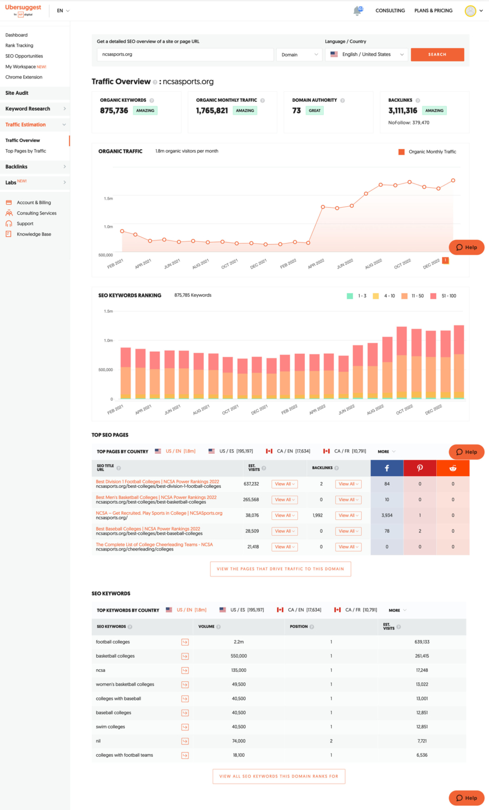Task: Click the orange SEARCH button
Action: pos(437,54)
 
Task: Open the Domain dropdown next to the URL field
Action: pos(299,54)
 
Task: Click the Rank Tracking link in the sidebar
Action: pos(19,45)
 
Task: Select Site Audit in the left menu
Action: pos(17,93)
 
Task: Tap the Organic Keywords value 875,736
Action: pos(114,111)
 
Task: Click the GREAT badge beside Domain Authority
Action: pos(315,111)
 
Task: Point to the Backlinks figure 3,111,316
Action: pos(402,111)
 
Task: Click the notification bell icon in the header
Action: pos(358,11)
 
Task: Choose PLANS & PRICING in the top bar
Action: pos(433,11)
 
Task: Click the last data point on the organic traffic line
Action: pos(453,180)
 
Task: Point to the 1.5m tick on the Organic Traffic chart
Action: pos(108,199)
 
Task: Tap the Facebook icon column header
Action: pos(387,468)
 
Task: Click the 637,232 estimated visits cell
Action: pos(251,484)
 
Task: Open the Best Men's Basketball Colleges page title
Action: pos(156,497)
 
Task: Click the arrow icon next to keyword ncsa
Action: pos(185,670)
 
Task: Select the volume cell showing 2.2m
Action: pos(239,642)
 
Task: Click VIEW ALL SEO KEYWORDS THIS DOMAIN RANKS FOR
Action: pos(279,776)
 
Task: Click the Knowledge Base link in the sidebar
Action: pos(34,234)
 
